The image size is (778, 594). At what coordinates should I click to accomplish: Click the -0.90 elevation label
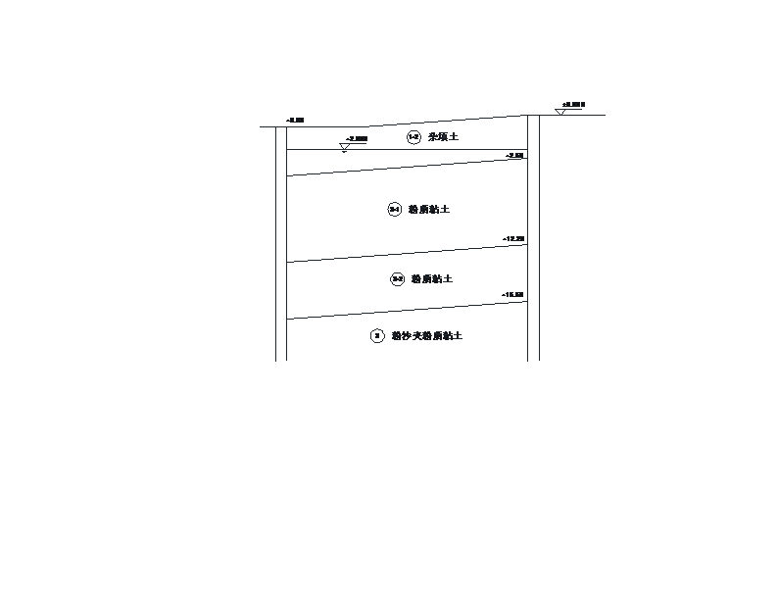tap(295, 121)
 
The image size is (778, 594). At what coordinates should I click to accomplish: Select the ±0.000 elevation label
tap(573, 104)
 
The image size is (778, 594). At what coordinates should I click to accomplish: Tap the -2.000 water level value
tap(358, 139)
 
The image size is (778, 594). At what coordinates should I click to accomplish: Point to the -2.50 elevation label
tap(514, 156)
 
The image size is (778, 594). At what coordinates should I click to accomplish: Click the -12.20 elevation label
tap(513, 239)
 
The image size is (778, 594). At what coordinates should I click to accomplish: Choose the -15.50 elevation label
tap(512, 295)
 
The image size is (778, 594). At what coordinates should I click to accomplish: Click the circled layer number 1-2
tap(413, 137)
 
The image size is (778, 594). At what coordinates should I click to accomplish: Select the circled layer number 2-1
tap(395, 209)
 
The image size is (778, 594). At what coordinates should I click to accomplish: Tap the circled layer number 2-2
tap(398, 279)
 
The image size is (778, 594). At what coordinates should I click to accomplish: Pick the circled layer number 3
tap(377, 336)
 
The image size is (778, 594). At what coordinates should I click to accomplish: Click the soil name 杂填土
tap(443, 137)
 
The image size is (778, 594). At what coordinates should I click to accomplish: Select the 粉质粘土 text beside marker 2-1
tap(429, 210)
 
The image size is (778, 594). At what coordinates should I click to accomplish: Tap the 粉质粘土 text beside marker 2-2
tap(432, 279)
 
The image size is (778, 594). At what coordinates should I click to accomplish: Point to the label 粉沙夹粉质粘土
tap(427, 336)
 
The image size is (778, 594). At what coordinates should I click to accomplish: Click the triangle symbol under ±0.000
tap(560, 113)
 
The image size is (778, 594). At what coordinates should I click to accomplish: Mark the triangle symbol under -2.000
tap(345, 147)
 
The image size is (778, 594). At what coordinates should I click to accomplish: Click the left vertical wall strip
tap(281, 245)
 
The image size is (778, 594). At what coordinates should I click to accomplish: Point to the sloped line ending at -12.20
tap(407, 254)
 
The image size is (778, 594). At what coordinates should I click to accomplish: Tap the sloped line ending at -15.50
tap(407, 310)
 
